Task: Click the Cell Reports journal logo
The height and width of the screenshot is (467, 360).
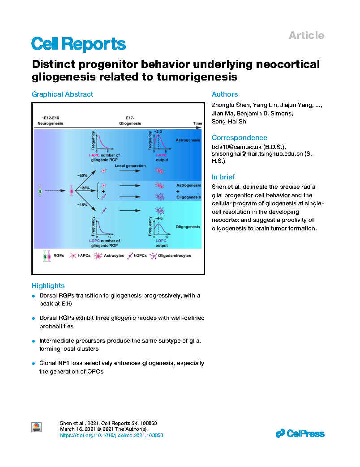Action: (79, 44)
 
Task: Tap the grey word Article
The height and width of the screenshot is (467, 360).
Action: (306, 35)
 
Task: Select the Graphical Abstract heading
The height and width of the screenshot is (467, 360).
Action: (62, 94)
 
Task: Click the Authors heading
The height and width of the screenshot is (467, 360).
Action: (225, 94)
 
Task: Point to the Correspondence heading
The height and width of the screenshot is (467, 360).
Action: (239, 138)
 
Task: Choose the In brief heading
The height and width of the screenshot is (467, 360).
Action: (223, 177)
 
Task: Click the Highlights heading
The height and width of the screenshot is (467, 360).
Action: (48, 286)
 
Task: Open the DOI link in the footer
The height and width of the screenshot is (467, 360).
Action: (111, 435)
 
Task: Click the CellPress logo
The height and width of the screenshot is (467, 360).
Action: (300, 433)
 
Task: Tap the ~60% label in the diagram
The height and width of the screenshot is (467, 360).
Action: (82, 176)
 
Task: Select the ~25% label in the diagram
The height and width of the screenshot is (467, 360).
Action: (84, 188)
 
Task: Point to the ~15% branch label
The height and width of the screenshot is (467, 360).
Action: (82, 205)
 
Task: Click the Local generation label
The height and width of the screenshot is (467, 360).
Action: (130, 166)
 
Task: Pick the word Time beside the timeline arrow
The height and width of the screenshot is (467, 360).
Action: (197, 123)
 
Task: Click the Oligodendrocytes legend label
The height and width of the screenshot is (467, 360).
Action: (174, 255)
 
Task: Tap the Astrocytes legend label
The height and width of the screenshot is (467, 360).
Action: (114, 255)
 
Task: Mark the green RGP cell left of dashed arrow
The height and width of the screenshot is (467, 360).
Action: (40, 191)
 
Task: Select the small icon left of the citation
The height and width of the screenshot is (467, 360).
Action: (37, 427)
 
